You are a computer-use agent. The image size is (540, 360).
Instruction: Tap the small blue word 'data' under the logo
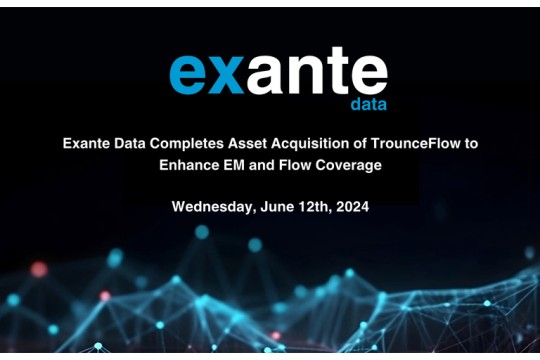[367, 104]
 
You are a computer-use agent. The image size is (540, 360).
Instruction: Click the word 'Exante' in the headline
[87, 144]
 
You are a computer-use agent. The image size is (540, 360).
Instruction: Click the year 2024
[354, 207]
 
